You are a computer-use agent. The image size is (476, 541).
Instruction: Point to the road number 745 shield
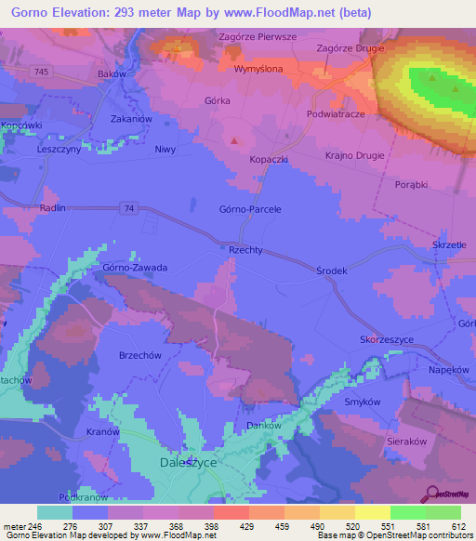(x=39, y=72)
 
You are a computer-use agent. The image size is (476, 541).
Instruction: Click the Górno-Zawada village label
(x=135, y=268)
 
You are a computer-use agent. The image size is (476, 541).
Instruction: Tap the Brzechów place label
(x=115, y=355)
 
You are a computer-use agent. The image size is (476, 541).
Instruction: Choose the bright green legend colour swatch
(x=407, y=512)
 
